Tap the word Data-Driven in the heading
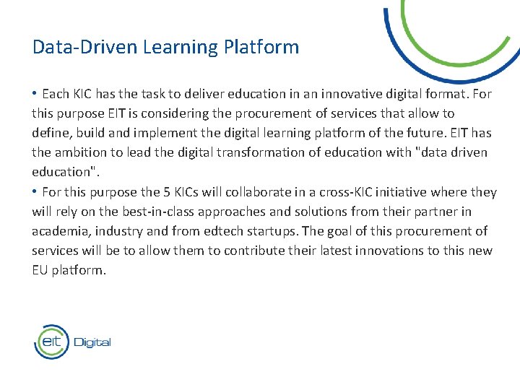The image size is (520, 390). (84, 48)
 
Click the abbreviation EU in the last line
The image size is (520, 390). (40, 270)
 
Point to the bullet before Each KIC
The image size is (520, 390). (35, 94)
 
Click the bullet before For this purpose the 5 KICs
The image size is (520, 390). (35, 192)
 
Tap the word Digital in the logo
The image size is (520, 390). (92, 342)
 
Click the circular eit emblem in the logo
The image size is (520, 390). (51, 341)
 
